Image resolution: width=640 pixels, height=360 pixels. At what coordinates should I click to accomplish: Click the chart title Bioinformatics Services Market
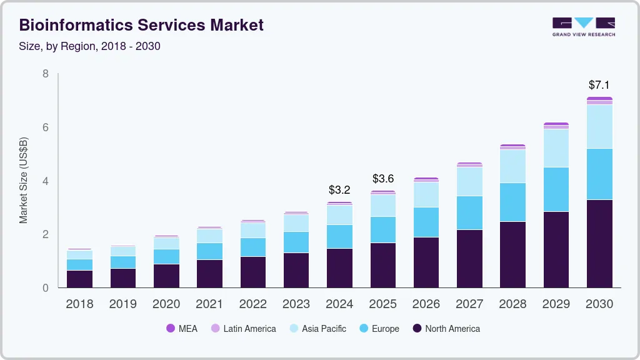(x=141, y=25)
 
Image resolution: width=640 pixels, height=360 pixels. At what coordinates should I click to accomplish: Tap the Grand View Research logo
(x=583, y=26)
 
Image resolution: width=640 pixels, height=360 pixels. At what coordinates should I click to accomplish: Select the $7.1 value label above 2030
(x=599, y=84)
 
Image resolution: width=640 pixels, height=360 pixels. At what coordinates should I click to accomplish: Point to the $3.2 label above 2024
(x=339, y=189)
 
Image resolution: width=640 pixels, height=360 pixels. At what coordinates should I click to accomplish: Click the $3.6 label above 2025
(x=383, y=179)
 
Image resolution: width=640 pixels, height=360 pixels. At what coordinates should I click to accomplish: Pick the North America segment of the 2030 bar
(x=599, y=244)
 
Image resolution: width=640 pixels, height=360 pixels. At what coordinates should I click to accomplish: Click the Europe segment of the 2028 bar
(x=512, y=202)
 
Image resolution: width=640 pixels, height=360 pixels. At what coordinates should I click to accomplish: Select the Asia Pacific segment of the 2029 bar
(x=556, y=148)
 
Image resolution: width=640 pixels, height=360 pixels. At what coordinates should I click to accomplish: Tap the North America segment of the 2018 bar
(x=79, y=279)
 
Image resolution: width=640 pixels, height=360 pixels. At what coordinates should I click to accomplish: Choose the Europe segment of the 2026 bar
(x=426, y=222)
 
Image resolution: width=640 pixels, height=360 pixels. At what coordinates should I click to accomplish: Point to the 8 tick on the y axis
(x=45, y=74)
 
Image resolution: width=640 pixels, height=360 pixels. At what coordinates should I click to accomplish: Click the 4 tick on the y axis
(x=45, y=181)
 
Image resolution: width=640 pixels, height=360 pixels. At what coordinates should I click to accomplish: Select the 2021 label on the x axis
(x=209, y=304)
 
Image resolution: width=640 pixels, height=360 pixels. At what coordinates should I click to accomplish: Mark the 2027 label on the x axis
(x=469, y=304)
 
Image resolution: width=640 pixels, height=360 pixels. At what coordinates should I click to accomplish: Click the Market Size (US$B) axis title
(x=24, y=181)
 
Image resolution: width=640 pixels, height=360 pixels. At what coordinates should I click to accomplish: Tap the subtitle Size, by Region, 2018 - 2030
(x=90, y=46)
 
